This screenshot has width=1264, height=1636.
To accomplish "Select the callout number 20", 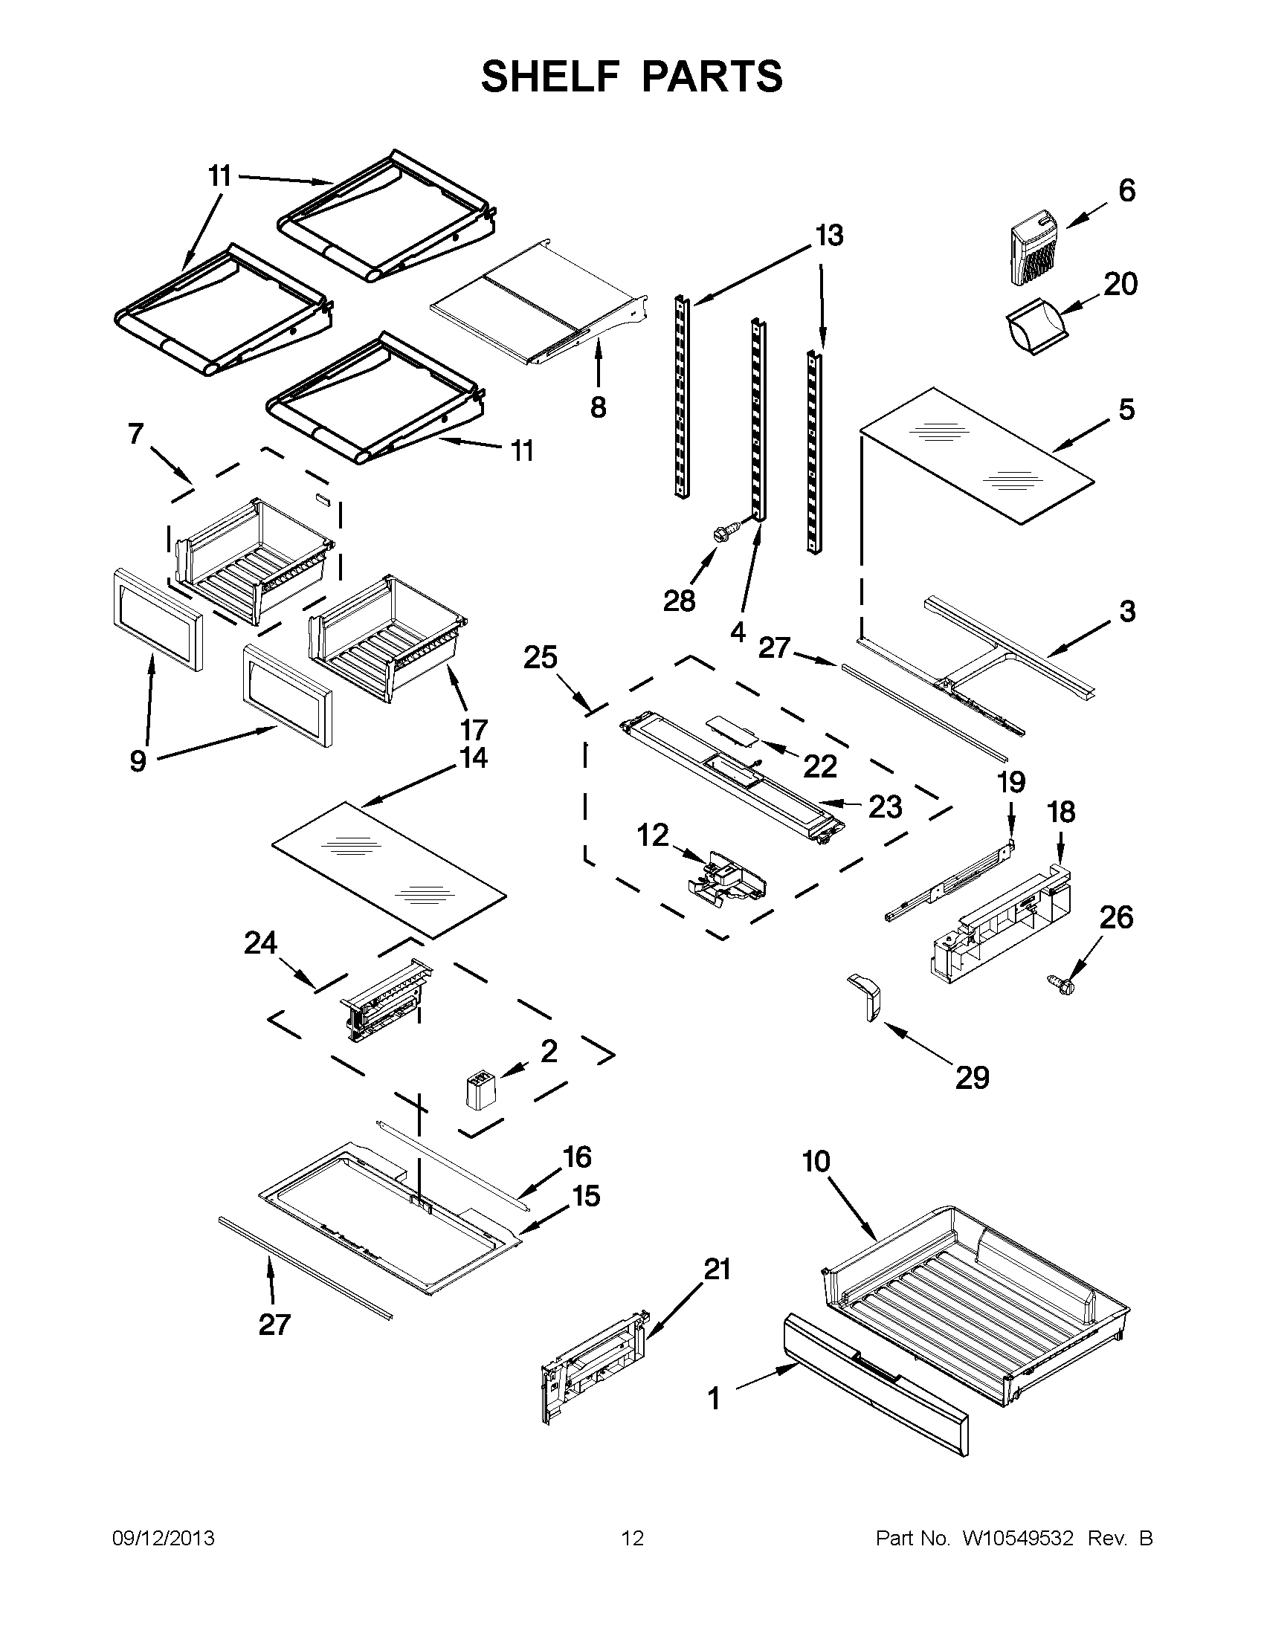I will [x=1120, y=284].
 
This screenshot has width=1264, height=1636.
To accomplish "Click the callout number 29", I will [x=972, y=1078].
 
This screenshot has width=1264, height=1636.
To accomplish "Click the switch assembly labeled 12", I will [x=726, y=874].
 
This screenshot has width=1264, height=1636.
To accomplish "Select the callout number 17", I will [x=474, y=729].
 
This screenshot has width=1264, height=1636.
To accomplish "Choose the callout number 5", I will [x=1126, y=410].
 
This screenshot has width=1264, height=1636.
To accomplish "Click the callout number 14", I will [x=474, y=757].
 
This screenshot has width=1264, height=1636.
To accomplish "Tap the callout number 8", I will [x=597, y=407].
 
